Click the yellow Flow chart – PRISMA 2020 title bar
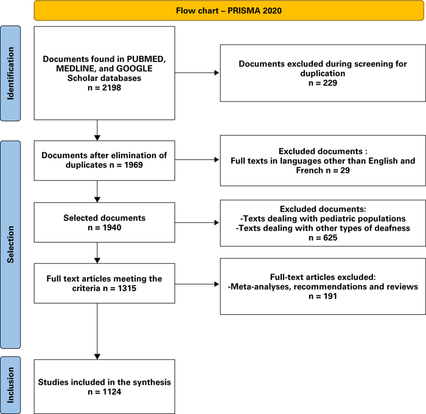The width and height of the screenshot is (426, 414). click(229, 11)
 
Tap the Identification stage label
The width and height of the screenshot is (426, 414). click(10, 74)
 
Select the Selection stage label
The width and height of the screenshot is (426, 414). click(10, 244)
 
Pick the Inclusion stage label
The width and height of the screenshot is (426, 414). click(10, 385)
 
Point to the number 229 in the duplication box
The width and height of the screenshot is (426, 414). click(330, 83)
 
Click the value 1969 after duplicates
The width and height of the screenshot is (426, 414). click(133, 165)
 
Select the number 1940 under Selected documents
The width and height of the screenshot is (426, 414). click(112, 228)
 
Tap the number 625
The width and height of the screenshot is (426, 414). click(330, 238)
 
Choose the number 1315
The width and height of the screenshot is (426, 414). click(127, 288)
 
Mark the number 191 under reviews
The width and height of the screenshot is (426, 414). click(330, 296)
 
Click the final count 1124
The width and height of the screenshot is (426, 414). click(112, 391)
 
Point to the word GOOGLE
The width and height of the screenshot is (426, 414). click(134, 69)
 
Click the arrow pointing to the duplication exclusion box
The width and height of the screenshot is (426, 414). click(197, 73)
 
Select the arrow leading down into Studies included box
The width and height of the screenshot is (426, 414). click(97, 331)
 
